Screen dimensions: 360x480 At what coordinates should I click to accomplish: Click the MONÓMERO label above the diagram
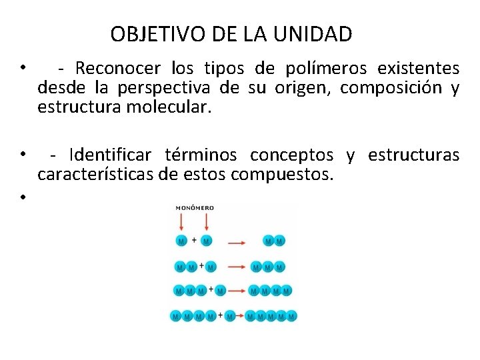[x=195, y=208]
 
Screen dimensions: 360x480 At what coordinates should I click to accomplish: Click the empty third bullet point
[x=22, y=197]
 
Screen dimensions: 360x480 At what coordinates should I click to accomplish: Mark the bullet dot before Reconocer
[x=22, y=67]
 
